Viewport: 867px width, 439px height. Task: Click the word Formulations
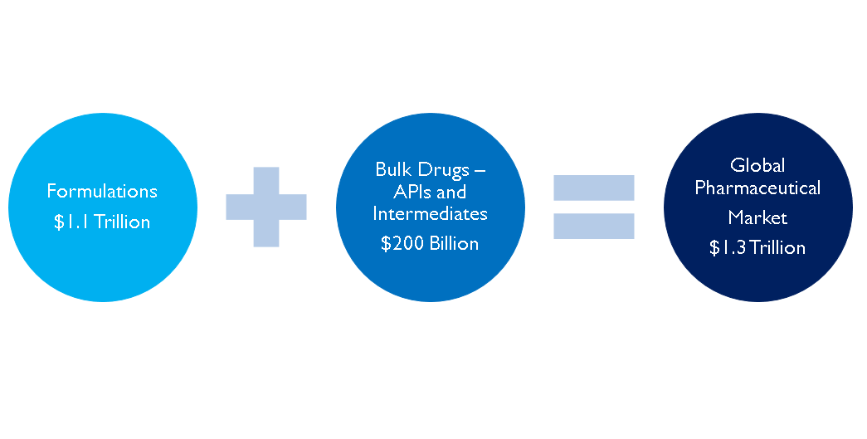(102, 192)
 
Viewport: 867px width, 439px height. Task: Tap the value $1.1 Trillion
(102, 222)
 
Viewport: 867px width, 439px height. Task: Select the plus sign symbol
(266, 207)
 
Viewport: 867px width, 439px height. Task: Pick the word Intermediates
(430, 213)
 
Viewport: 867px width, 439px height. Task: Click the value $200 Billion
(430, 244)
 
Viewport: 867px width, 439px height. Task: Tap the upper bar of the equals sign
(593, 188)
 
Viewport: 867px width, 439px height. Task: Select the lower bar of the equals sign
(593, 226)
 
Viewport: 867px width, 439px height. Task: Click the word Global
(757, 165)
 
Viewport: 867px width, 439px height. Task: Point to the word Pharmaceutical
(757, 188)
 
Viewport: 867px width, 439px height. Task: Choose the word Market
(757, 217)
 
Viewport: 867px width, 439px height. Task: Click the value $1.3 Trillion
(757, 247)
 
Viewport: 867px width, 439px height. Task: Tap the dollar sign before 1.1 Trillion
(59, 222)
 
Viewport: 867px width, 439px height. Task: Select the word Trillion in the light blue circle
(122, 222)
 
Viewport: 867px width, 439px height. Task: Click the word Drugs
(440, 170)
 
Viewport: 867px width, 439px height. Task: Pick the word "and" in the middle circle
(453, 192)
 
